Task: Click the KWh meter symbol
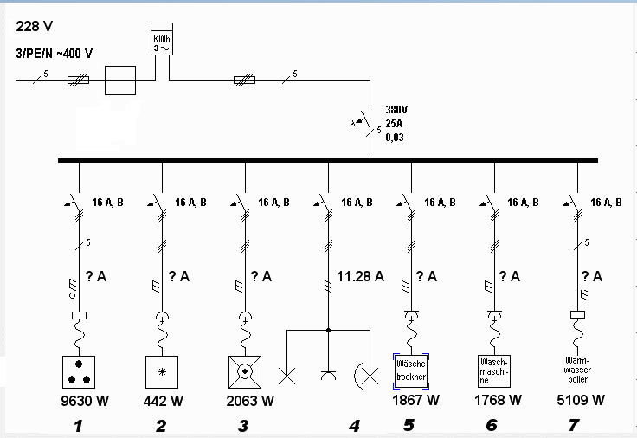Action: click(162, 39)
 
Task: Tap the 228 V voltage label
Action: click(34, 27)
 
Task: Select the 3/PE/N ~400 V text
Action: click(54, 53)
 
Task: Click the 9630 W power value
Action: click(85, 401)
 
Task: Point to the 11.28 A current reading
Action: click(360, 276)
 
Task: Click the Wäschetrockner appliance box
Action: click(411, 371)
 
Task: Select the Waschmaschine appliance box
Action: click(494, 371)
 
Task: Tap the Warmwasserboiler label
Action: click(577, 370)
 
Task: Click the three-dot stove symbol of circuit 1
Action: click(79, 372)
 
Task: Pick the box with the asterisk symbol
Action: click(162, 372)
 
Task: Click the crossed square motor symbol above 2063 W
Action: click(245, 372)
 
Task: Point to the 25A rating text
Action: click(394, 124)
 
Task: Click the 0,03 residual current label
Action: click(395, 138)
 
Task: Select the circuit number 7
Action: click(574, 425)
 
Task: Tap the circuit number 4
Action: click(354, 426)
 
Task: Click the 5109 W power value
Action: click(581, 400)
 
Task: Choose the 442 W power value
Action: click(164, 401)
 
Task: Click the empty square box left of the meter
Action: click(120, 81)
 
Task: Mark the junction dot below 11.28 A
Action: click(328, 331)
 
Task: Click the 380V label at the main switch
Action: click(396, 110)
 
